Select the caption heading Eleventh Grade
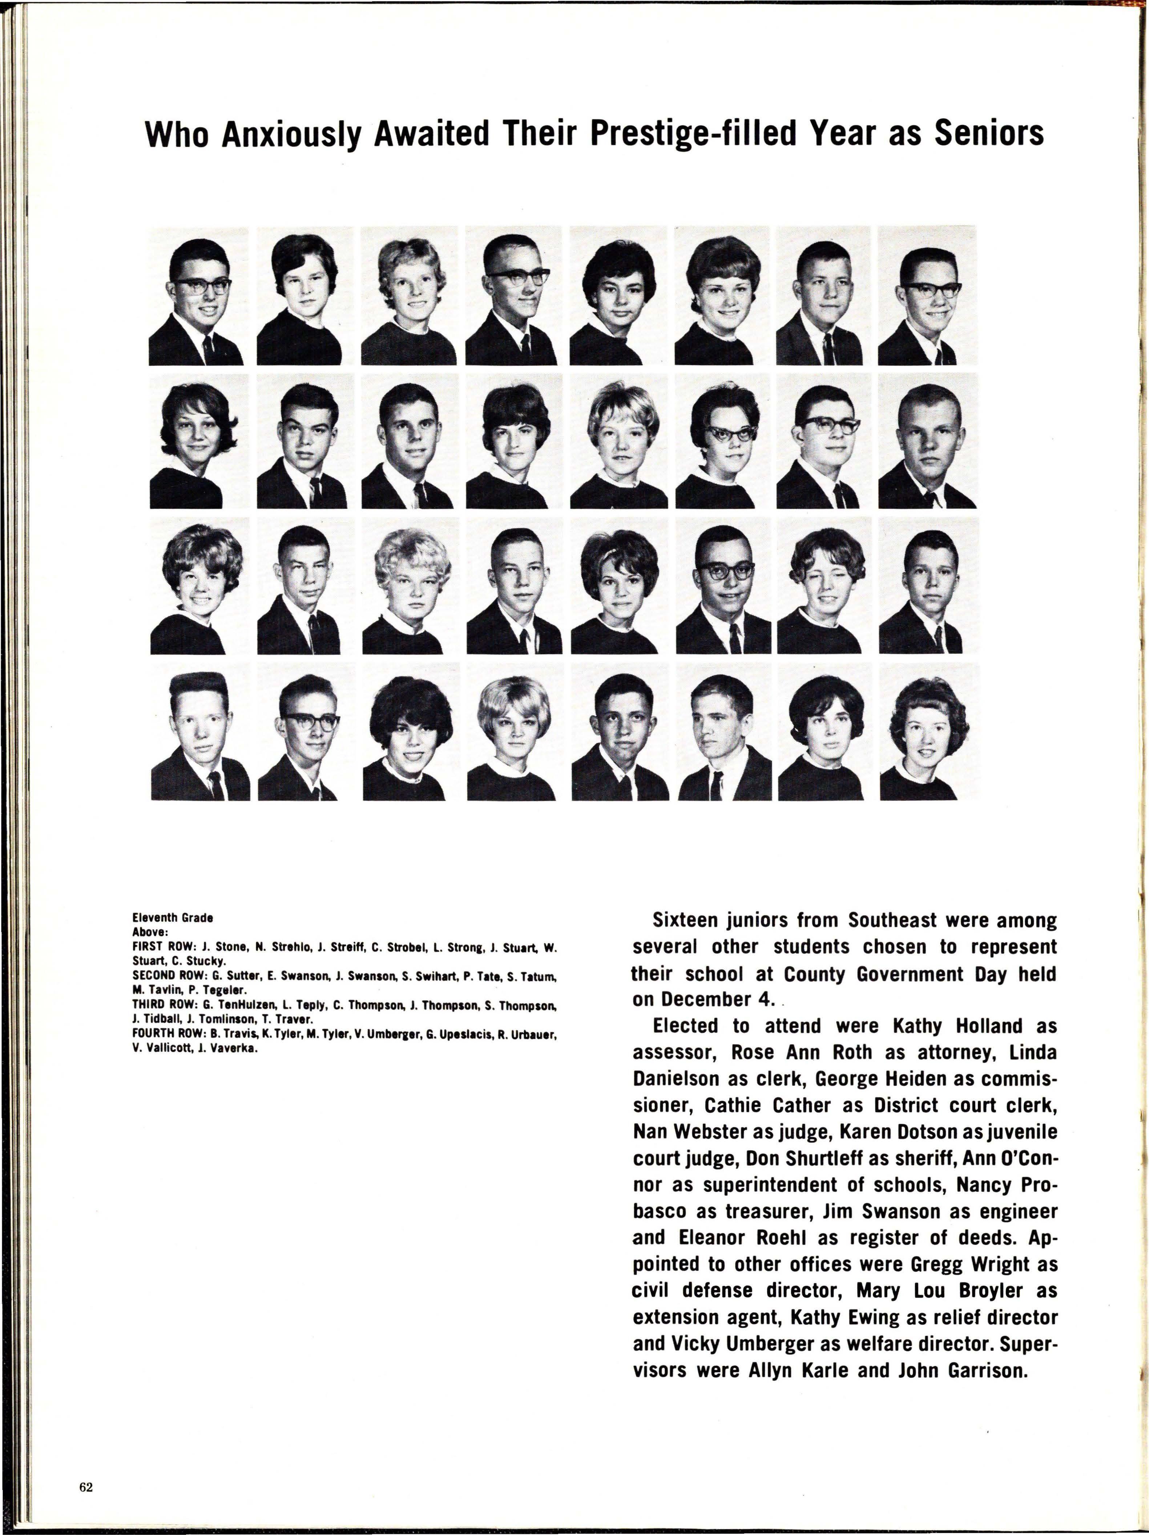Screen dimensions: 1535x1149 pyautogui.click(x=172, y=917)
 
